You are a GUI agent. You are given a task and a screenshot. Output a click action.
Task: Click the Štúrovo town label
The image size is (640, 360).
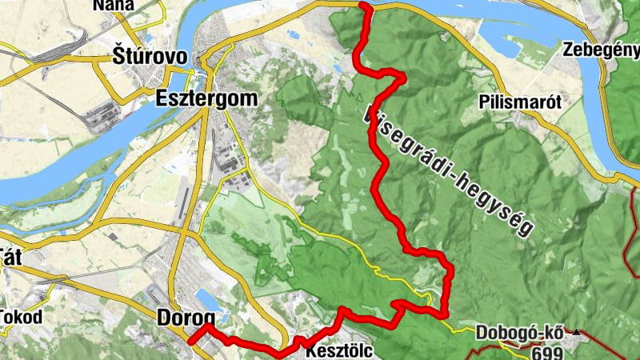(150, 57)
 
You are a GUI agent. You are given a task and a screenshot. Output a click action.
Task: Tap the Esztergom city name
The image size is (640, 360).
(207, 99)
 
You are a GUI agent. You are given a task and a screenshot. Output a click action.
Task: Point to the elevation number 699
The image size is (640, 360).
(548, 352)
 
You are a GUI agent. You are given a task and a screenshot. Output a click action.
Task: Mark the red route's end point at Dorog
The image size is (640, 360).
(191, 342)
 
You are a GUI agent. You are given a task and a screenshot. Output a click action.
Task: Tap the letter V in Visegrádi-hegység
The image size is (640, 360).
(370, 114)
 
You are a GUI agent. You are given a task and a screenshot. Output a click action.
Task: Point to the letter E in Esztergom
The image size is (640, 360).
(160, 99)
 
